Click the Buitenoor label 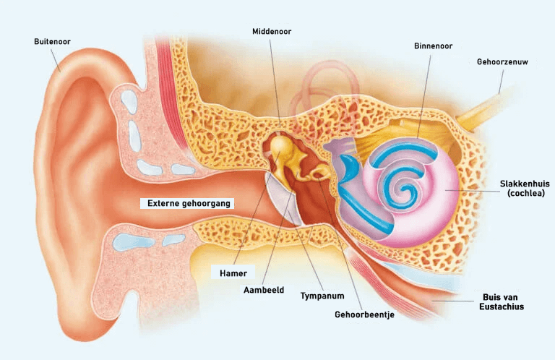52,41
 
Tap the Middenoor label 272,32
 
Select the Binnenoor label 434,46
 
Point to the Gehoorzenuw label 502,62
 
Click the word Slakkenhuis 525,184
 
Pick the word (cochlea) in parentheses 525,193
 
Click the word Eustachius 502,307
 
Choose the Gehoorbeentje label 364,314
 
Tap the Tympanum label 322,296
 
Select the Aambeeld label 264,291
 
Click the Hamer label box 233,273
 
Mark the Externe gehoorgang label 188,204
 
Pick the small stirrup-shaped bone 320,173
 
